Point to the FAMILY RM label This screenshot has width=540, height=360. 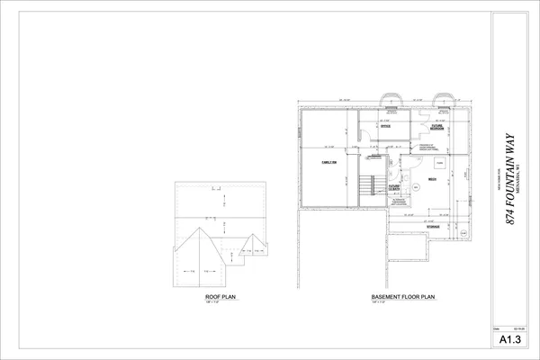[328, 162]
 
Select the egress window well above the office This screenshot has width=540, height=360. [391, 98]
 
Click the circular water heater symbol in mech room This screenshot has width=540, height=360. [416, 187]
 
